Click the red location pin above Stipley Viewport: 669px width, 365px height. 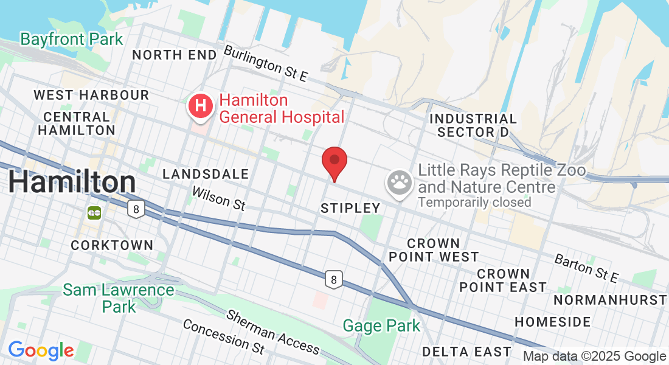pos(334,161)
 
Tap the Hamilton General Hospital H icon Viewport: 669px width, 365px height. pos(200,107)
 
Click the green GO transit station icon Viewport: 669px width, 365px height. pos(94,213)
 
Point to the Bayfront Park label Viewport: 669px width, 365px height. pos(71,40)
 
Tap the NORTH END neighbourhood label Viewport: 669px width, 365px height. pos(174,55)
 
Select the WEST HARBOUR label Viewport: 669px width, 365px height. pos(91,95)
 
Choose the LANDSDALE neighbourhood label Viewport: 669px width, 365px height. pos(206,175)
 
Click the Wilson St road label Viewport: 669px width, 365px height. pos(218,198)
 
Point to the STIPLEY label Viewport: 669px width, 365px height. pos(350,208)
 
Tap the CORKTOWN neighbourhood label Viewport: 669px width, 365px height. pos(112,245)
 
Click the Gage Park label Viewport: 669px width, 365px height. pos(381,326)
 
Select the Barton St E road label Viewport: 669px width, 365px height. pos(586,268)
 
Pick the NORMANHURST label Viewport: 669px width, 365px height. pos(610,300)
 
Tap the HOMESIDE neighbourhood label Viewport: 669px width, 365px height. pos(552,321)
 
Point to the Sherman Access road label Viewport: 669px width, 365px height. pos(273,332)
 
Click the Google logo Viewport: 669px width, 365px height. pos(41,350)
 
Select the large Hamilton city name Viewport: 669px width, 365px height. pos(72,182)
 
